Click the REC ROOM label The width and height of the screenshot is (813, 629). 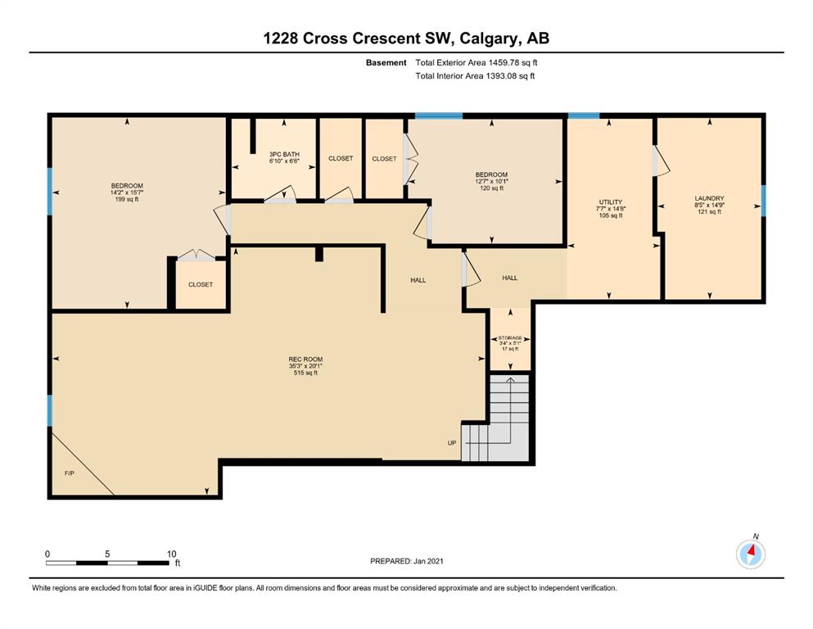(x=305, y=359)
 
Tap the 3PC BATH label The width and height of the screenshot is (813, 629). (x=284, y=154)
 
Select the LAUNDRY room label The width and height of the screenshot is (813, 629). (x=709, y=198)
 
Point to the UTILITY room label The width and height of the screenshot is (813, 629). (x=610, y=201)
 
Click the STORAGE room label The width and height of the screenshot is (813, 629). (x=510, y=337)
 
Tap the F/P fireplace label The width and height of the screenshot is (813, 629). (x=70, y=473)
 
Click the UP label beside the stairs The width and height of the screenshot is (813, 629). (x=452, y=443)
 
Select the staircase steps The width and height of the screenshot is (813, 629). (x=496, y=418)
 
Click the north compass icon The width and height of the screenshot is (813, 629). (x=751, y=554)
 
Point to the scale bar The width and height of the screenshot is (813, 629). (x=107, y=563)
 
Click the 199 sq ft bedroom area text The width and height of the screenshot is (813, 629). (x=127, y=199)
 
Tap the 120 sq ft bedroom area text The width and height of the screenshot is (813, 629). (x=491, y=188)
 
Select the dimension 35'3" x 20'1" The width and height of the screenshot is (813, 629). (x=305, y=365)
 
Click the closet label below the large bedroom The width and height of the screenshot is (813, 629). (x=201, y=284)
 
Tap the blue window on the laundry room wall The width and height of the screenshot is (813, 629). (x=763, y=201)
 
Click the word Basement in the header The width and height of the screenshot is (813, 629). (x=386, y=63)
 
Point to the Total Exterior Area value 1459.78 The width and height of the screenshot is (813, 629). (x=504, y=63)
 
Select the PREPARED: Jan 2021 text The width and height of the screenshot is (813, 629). (x=406, y=561)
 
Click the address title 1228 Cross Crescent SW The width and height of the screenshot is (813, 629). (x=360, y=38)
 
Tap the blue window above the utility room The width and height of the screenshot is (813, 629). (x=584, y=115)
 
